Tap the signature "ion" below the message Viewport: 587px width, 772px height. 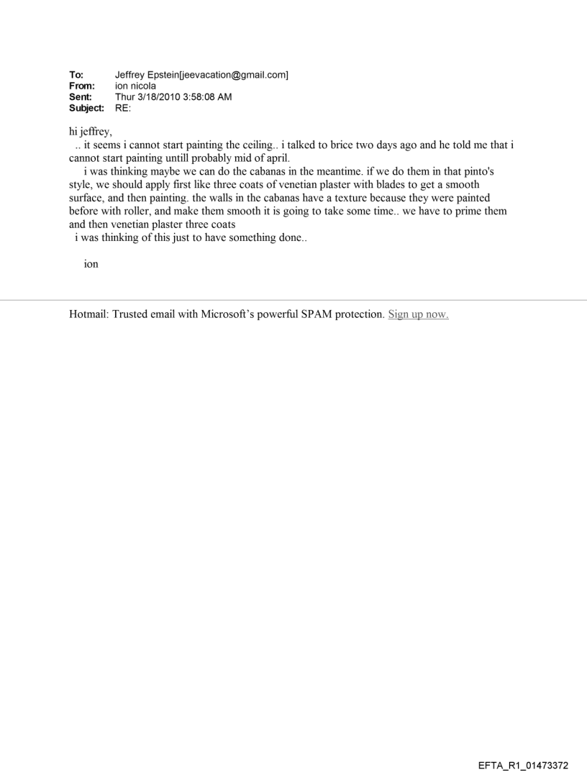pos(91,264)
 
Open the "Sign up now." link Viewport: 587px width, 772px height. pos(418,314)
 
